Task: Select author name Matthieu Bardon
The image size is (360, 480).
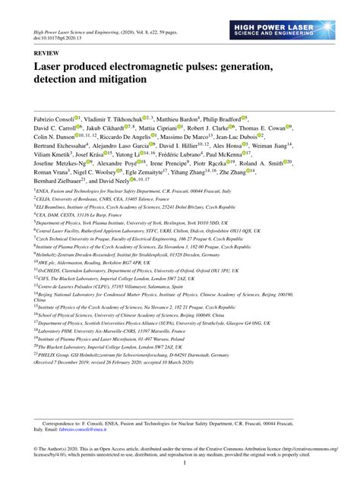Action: click(182, 118)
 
